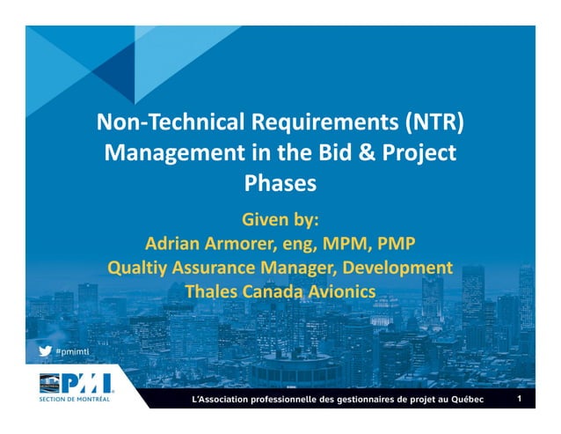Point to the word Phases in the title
click(x=280, y=185)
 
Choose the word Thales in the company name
click(x=213, y=291)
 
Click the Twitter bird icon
click(x=44, y=349)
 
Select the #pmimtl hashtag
click(x=73, y=350)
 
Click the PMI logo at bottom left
click(x=76, y=384)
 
